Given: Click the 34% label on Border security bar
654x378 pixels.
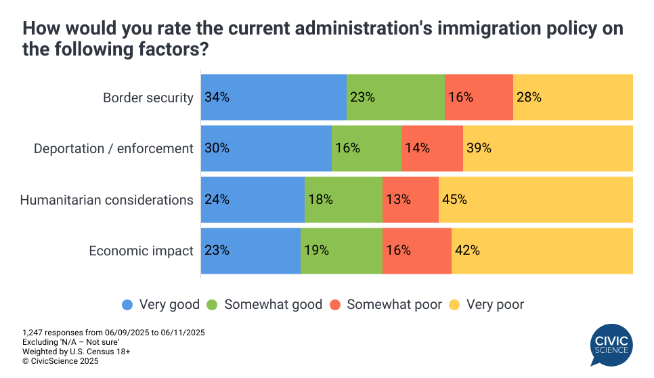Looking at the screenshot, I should pos(217,97).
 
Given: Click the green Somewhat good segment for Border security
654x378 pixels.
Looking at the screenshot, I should pos(395,97).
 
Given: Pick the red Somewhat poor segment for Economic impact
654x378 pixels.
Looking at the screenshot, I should pos(416,251).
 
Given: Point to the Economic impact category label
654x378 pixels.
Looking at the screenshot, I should pos(141,251).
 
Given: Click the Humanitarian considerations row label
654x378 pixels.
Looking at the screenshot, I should pos(106,200).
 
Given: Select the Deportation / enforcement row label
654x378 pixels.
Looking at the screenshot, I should pos(114,148).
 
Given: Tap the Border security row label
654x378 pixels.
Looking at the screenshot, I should pos(148,98).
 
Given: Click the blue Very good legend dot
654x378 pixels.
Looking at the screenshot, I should pos(127,305).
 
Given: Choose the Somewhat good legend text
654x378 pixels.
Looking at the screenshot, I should pos(273,305).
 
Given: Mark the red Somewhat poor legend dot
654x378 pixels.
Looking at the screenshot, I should pos(335,305).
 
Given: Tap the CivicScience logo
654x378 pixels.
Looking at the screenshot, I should pos(611,344).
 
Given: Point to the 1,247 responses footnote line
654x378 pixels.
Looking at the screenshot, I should pos(113,333).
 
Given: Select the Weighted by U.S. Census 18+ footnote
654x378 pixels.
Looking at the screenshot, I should pos(76,352).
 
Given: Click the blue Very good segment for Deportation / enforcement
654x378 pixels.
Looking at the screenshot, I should pos(266,148).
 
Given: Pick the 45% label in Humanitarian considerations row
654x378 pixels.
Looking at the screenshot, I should pos(454,200).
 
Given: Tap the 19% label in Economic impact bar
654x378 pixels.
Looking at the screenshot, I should pos(316,251).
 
